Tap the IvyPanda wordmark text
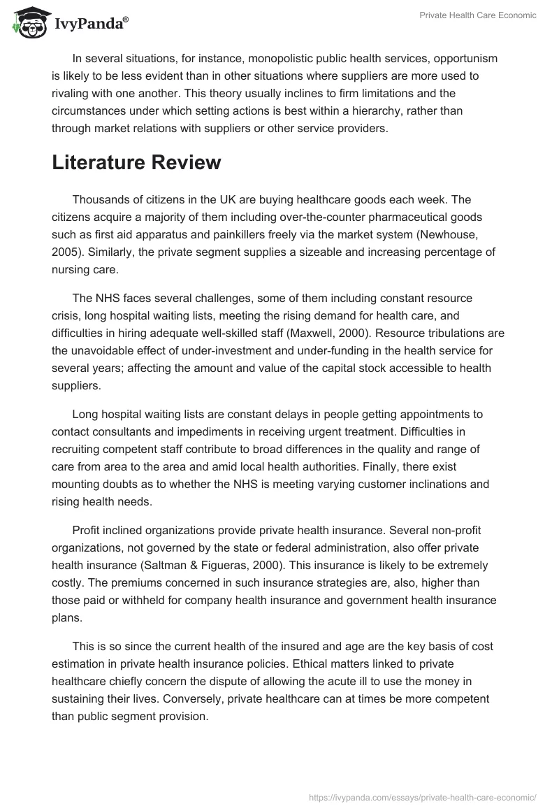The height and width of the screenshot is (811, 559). [x=91, y=24]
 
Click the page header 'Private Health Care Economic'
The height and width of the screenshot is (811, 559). [x=478, y=15]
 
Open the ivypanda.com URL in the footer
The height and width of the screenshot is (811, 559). [x=423, y=796]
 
